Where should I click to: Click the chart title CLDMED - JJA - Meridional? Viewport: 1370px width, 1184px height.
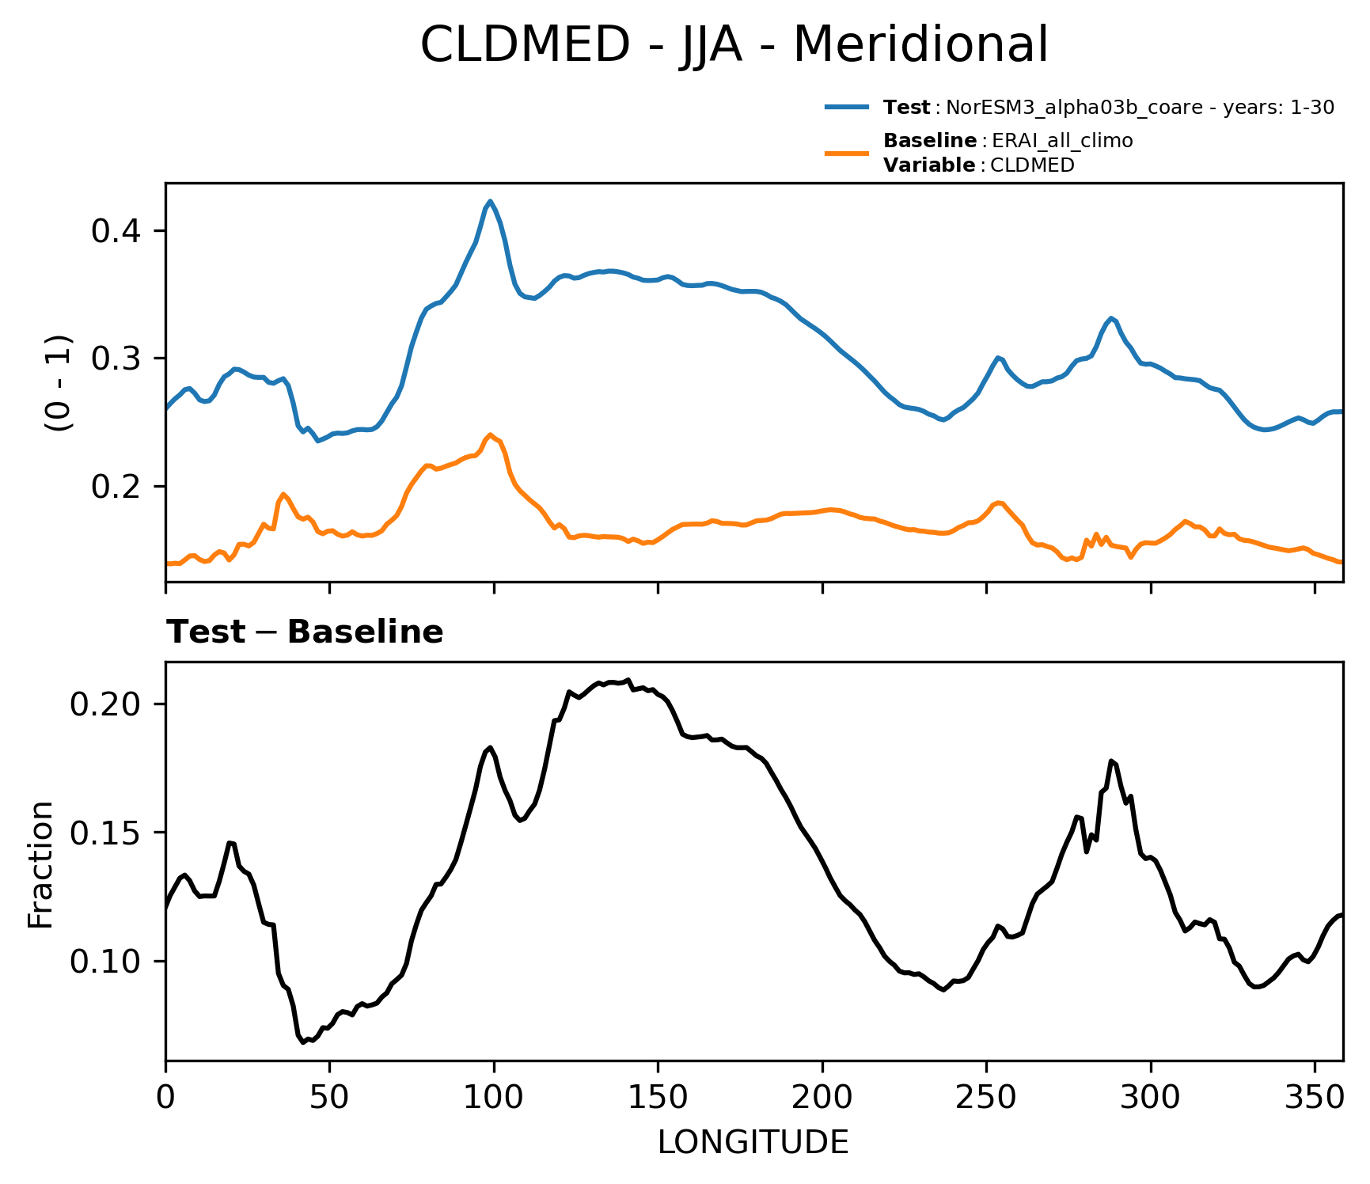coord(734,44)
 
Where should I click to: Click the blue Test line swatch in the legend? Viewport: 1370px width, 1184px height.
coord(847,106)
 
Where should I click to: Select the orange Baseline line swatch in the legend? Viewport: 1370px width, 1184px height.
coord(847,153)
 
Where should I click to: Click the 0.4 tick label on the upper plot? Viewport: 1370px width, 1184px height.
coord(116,231)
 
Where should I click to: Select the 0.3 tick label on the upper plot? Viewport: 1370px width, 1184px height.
coord(116,359)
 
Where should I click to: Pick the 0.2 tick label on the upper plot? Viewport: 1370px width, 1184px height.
coord(116,486)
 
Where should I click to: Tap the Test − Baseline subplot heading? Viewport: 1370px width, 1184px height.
coord(305,632)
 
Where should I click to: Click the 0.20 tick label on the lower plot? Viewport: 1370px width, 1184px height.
coord(106,704)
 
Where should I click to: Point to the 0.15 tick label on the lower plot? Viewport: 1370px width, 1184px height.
coord(106,833)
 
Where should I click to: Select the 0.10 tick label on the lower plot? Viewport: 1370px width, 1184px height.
coord(106,962)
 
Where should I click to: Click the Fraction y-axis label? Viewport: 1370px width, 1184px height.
coord(40,863)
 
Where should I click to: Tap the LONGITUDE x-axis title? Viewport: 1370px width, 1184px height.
coord(753,1142)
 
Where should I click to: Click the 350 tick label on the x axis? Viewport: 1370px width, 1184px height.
coord(1315,1098)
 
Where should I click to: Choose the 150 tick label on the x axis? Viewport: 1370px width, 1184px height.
coord(658,1098)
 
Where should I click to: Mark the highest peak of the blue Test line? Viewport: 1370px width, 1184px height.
coord(491,201)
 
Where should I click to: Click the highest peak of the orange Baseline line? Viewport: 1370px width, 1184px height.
coord(491,435)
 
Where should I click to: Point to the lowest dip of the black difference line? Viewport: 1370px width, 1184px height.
coord(303,1042)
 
